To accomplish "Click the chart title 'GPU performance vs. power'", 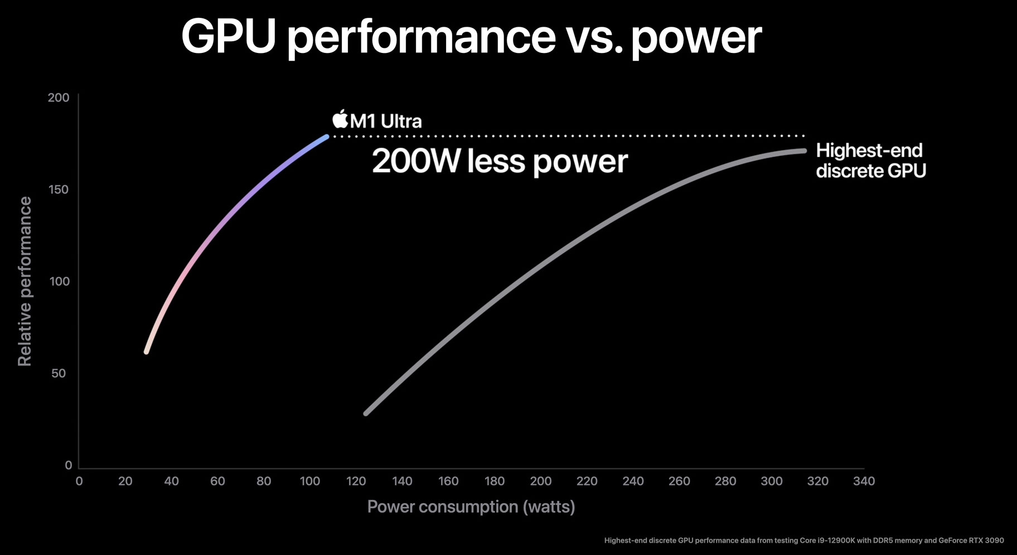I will point(471,37).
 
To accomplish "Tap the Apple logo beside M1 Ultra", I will point(340,119).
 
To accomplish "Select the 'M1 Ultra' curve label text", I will point(386,121).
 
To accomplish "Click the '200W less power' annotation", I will point(500,162).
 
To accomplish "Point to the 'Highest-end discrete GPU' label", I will point(870,160).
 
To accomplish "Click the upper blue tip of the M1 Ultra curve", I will point(326,137).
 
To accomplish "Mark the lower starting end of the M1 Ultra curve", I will point(147,352).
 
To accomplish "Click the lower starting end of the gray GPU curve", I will point(366,413).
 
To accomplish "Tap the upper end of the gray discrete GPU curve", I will point(803,150).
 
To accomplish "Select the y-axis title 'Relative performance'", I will point(25,281).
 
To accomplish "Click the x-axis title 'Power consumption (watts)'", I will point(471,507).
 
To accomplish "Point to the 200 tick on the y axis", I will point(59,98).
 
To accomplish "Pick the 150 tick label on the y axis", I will point(59,190).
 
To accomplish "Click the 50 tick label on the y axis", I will point(59,374).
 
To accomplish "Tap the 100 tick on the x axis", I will point(310,481).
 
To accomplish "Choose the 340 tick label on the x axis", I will point(864,481).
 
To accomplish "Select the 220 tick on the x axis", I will point(587,481).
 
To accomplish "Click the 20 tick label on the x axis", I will point(125,481).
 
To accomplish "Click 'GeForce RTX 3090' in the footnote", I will point(971,541).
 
